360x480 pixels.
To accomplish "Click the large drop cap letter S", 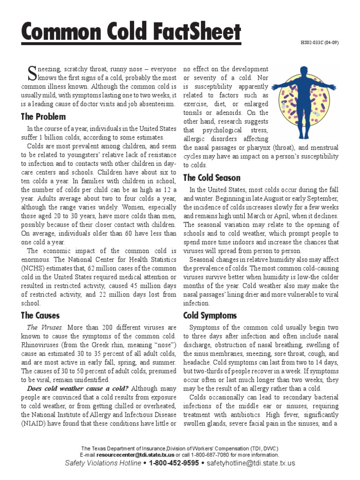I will click(32, 73).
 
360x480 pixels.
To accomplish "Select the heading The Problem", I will click(43, 117).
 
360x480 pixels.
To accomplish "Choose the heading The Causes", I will click(40, 315).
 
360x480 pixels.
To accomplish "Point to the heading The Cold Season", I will click(212, 178).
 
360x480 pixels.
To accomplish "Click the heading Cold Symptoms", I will click(210, 315).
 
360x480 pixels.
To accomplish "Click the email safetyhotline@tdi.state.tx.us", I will click(251, 463).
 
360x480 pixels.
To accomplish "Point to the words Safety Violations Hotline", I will click(103, 463).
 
